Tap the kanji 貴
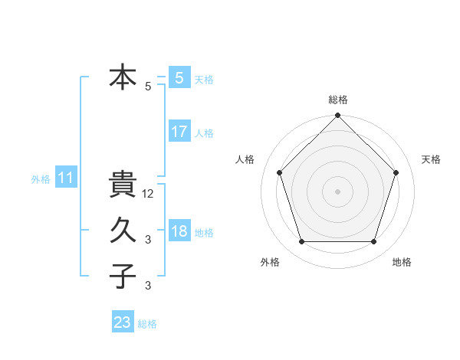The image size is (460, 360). click(x=123, y=184)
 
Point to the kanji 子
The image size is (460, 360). click(x=123, y=275)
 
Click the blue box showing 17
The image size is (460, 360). click(x=179, y=132)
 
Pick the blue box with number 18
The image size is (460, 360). click(x=179, y=231)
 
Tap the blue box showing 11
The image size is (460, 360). click(x=66, y=178)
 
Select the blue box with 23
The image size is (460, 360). click(x=123, y=322)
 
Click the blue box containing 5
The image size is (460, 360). click(x=179, y=78)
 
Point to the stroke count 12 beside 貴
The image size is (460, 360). click(x=149, y=194)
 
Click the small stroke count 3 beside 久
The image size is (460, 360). click(x=148, y=240)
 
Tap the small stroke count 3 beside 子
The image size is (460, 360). click(x=148, y=286)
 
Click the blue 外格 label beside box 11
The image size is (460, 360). click(x=41, y=179)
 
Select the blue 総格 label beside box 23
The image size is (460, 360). click(x=147, y=323)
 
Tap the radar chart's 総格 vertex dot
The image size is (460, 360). click(x=337, y=116)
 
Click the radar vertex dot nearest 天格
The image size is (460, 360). click(x=396, y=172)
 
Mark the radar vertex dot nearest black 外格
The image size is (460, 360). click(x=301, y=242)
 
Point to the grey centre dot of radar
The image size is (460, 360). click(x=337, y=191)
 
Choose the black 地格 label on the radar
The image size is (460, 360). click(x=402, y=263)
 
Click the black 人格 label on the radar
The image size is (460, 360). click(x=245, y=159)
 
